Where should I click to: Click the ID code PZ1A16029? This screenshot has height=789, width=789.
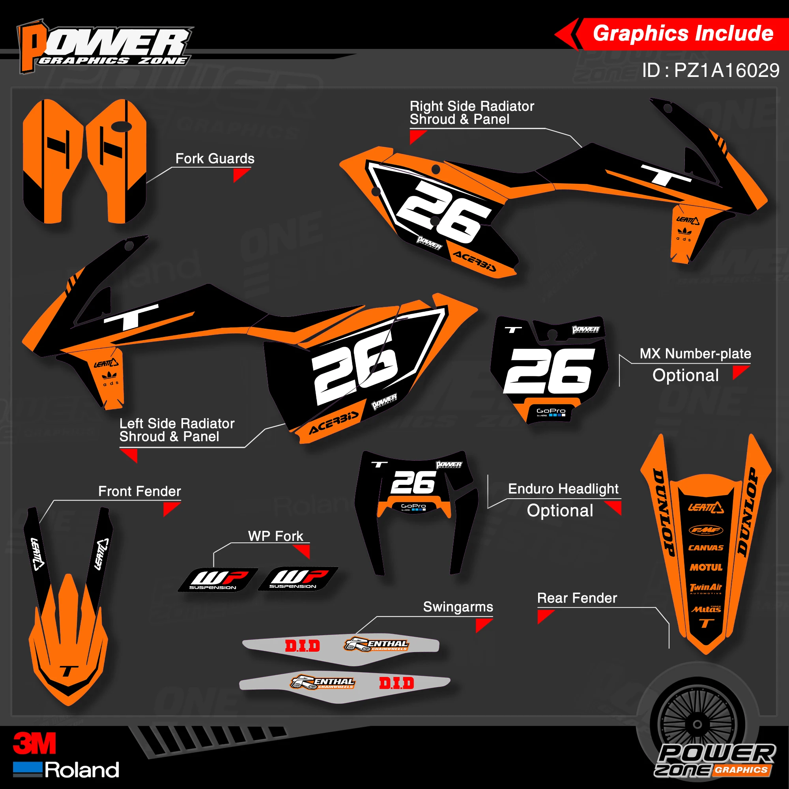[x=710, y=71]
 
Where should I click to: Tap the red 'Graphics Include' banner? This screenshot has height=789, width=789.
[x=683, y=34]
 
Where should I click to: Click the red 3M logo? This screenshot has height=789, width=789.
[x=34, y=744]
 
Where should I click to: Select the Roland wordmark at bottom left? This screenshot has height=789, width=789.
[x=82, y=770]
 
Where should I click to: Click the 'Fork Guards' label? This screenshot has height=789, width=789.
[x=215, y=159]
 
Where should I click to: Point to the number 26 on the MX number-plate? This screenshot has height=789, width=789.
[x=549, y=371]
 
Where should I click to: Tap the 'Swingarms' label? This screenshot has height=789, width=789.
[x=458, y=607]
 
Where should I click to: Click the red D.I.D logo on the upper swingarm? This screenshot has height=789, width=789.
[x=302, y=646]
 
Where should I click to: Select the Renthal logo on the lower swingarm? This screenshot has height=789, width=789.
[x=323, y=682]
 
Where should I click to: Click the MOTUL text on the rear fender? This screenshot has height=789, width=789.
[x=706, y=567]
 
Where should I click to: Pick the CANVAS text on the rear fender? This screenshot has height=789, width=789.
[x=706, y=548]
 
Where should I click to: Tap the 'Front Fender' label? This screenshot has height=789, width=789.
[x=139, y=491]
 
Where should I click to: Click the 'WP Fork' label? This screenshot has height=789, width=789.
[x=276, y=536]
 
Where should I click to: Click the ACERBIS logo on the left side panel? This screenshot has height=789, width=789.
[x=334, y=422]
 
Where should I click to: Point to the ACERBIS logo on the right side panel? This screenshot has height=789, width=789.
[x=475, y=262]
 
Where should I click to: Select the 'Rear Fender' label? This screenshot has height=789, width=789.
[x=577, y=598]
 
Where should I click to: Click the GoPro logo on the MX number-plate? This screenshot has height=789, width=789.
[x=551, y=411]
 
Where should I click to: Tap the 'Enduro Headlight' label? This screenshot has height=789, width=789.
[x=563, y=489]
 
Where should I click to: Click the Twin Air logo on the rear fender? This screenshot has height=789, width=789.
[x=706, y=588]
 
